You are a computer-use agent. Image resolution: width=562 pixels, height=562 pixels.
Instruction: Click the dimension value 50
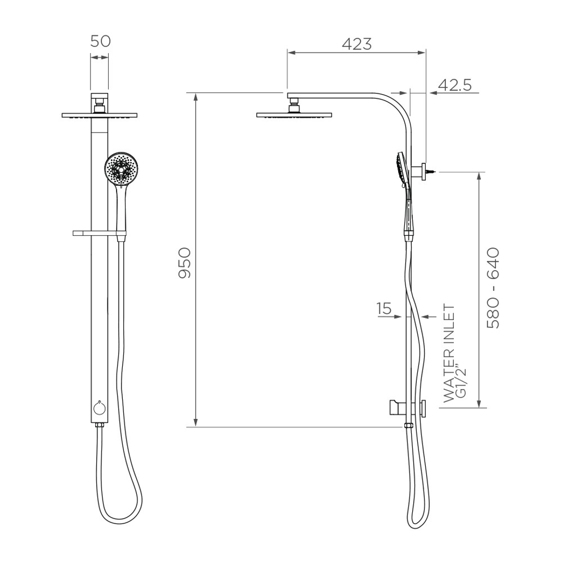pos(100,42)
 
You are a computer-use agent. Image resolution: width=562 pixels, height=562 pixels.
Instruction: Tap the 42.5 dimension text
pos(454,85)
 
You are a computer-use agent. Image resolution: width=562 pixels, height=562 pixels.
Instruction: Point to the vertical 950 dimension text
pos(186,263)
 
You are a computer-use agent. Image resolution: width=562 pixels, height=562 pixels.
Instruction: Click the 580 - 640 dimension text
pos(493,288)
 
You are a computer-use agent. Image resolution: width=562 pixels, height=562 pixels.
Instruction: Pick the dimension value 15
pos(384,309)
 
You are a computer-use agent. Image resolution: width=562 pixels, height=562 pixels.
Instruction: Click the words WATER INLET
pos(448,354)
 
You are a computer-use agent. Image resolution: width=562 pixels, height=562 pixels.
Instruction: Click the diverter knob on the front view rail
pos(99,408)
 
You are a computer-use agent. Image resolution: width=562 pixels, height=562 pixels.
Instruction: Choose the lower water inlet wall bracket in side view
pos(408,408)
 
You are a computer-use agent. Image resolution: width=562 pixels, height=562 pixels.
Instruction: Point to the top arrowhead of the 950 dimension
pos(196,96)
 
